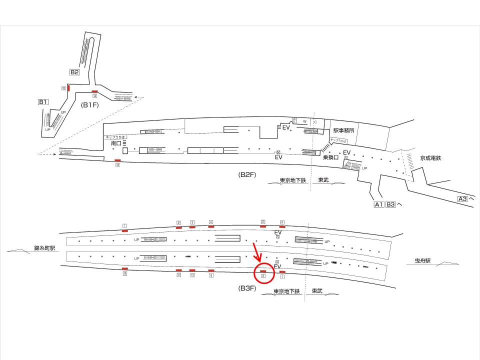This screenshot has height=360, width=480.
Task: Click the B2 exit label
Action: pyautogui.click(x=74, y=72)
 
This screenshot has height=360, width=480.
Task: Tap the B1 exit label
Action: pyautogui.click(x=43, y=102)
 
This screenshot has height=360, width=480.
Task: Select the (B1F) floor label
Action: pyautogui.click(x=91, y=105)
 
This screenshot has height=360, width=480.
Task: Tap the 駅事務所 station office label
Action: pyautogui.click(x=344, y=131)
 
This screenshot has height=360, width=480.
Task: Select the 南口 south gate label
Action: pyautogui.click(x=116, y=143)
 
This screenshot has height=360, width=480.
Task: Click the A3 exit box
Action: pyautogui.click(x=463, y=199)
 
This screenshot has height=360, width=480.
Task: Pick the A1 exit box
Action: pyautogui.click(x=379, y=204)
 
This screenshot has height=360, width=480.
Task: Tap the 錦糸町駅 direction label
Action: pyautogui.click(x=44, y=247)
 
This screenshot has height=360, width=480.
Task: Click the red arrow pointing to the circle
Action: pyautogui.click(x=255, y=252)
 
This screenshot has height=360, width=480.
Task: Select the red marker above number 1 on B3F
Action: pyautogui.click(x=124, y=230)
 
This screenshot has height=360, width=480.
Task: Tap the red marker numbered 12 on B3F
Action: pyautogui.click(x=192, y=270)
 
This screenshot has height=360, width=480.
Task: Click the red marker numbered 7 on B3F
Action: pyautogui.click(x=282, y=271)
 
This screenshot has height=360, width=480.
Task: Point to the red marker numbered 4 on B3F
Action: pyautogui.click(x=211, y=226)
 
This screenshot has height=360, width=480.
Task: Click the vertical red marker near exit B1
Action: pyautogui.click(x=68, y=88)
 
